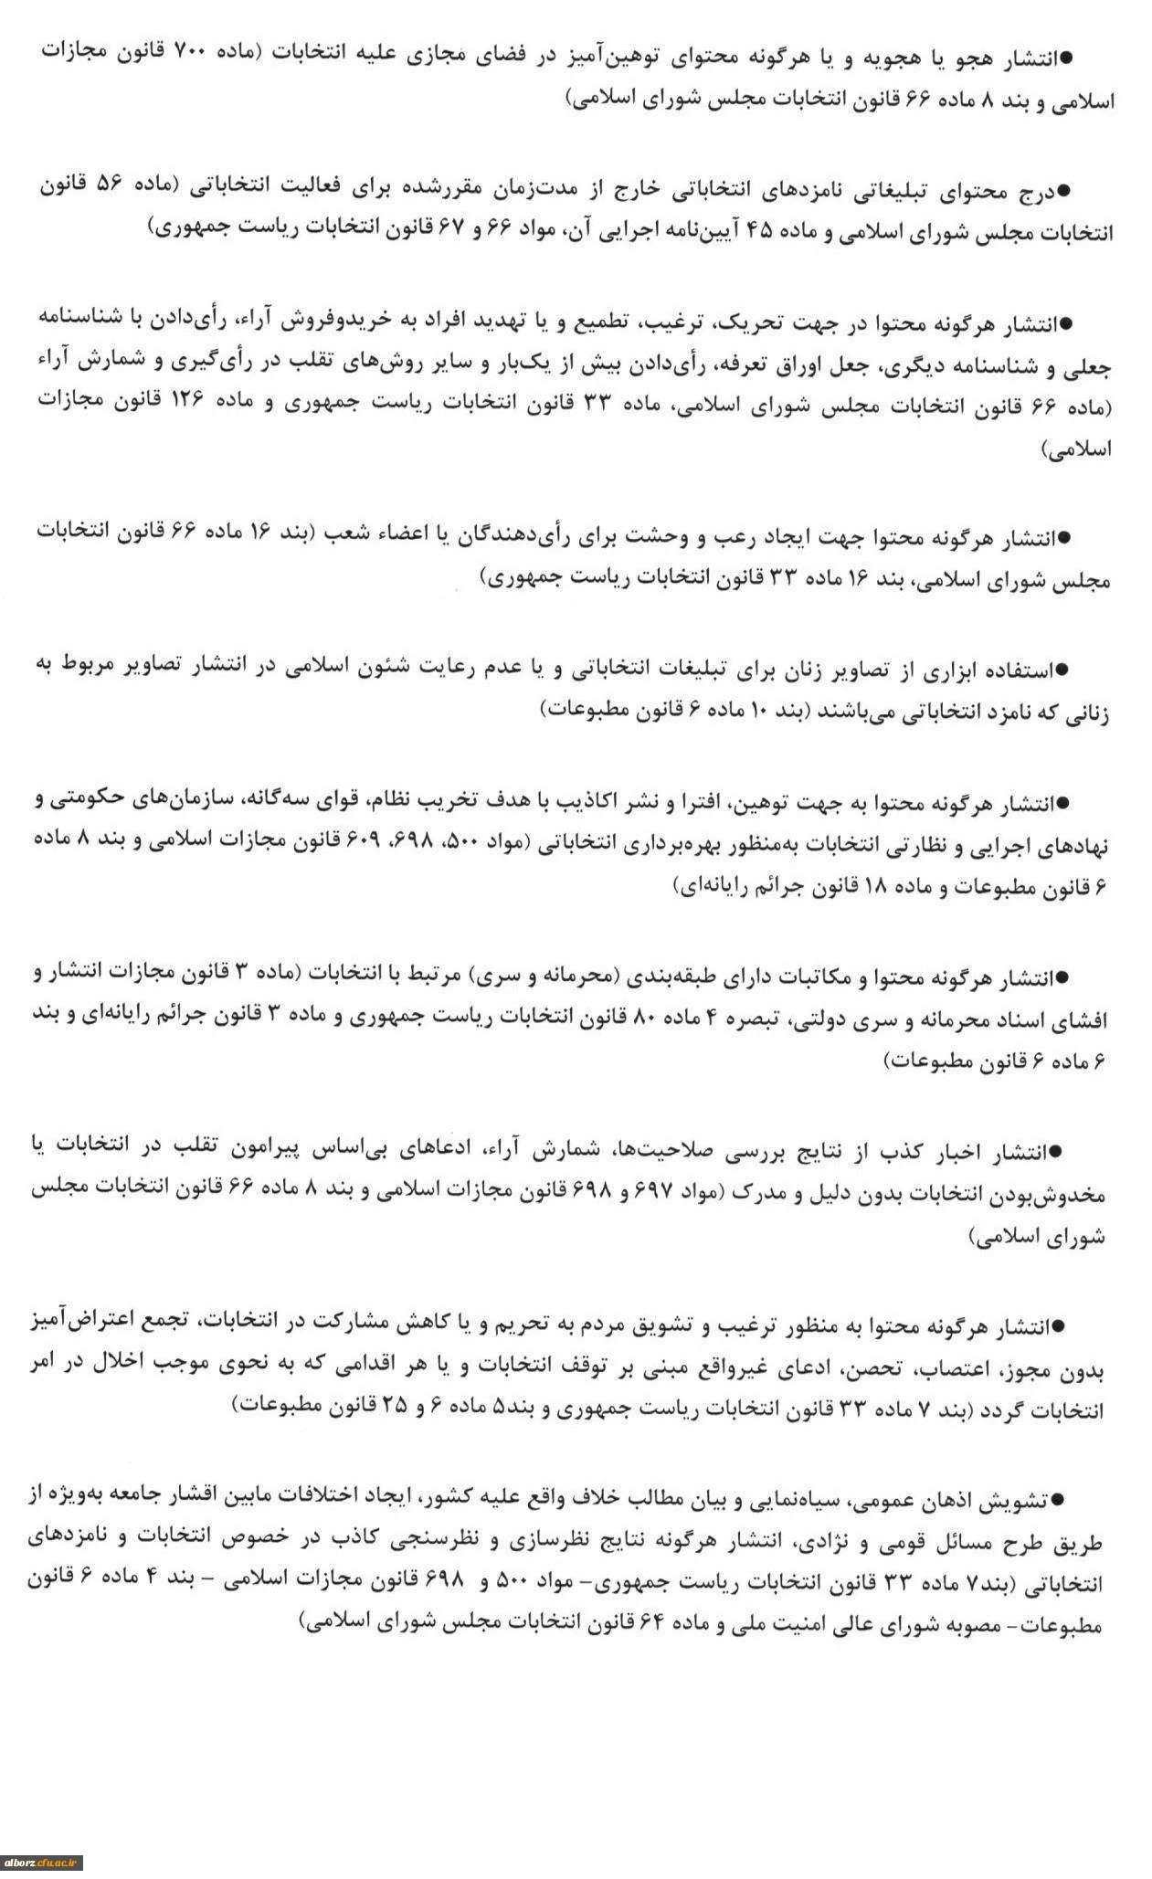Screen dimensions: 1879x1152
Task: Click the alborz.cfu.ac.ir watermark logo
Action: tap(43, 1862)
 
